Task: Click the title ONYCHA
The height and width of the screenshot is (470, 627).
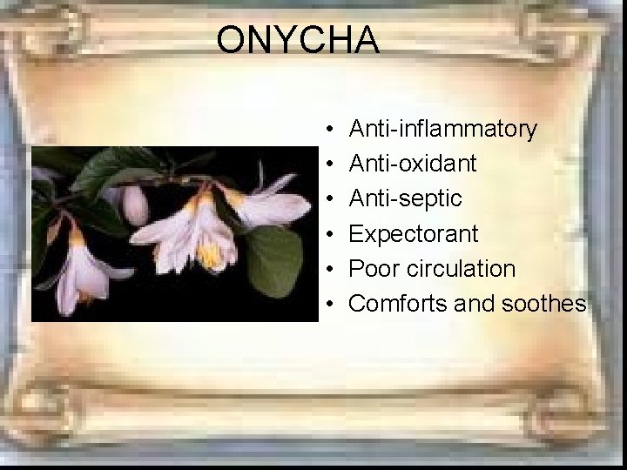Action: [x=298, y=40]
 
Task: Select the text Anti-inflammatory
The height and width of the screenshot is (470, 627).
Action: [x=442, y=130]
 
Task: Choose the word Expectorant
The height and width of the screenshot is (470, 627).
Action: [x=414, y=234]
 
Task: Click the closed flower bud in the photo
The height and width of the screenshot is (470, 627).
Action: [x=135, y=205]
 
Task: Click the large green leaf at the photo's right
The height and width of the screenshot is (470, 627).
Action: [x=277, y=259]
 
